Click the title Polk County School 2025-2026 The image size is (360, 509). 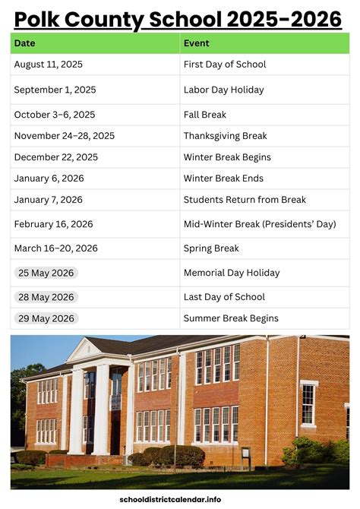pyautogui.click(x=178, y=18)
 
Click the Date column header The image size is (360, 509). pyautogui.click(x=24, y=43)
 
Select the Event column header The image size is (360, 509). pyautogui.click(x=197, y=43)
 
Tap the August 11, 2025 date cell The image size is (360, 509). pyautogui.click(x=49, y=65)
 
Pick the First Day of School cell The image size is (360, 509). pyautogui.click(x=224, y=65)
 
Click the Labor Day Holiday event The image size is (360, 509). pyautogui.click(x=224, y=90)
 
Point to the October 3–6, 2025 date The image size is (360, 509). pyautogui.click(x=55, y=115)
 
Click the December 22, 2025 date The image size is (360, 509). pyautogui.click(x=55, y=157)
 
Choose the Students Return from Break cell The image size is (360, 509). pyautogui.click(x=245, y=200)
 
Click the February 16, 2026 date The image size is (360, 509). pyautogui.click(x=53, y=224)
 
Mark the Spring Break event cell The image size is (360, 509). pyautogui.click(x=211, y=248)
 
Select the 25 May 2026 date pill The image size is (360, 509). pyautogui.click(x=46, y=273)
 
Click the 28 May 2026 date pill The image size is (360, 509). pyautogui.click(x=46, y=297)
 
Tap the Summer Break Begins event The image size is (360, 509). pyautogui.click(x=231, y=318)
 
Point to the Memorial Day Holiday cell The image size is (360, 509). pyautogui.click(x=232, y=273)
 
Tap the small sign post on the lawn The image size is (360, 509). pyautogui.click(x=245, y=456)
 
